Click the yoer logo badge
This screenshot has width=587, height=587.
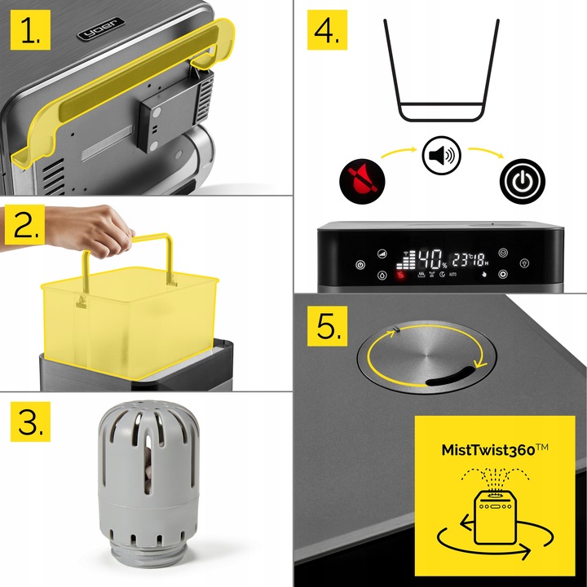[x=101, y=29]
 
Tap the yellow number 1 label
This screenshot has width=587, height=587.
[x=30, y=30]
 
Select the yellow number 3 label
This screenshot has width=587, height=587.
[x=30, y=421]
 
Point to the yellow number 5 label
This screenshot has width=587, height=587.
[x=327, y=326]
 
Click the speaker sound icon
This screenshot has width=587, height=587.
[x=441, y=156]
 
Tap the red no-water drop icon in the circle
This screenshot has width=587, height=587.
[x=362, y=181]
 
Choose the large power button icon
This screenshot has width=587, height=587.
[x=523, y=181]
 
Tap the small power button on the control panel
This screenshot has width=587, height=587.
[x=360, y=265]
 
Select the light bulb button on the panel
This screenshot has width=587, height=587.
[x=525, y=263]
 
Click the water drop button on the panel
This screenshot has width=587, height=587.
[x=382, y=276]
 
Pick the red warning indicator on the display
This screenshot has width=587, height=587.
[x=401, y=276]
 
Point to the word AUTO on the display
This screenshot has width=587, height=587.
[x=453, y=275]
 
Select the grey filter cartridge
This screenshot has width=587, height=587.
[x=148, y=482]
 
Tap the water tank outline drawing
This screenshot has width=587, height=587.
[x=441, y=70]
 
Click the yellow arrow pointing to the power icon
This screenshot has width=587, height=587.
[x=486, y=152]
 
